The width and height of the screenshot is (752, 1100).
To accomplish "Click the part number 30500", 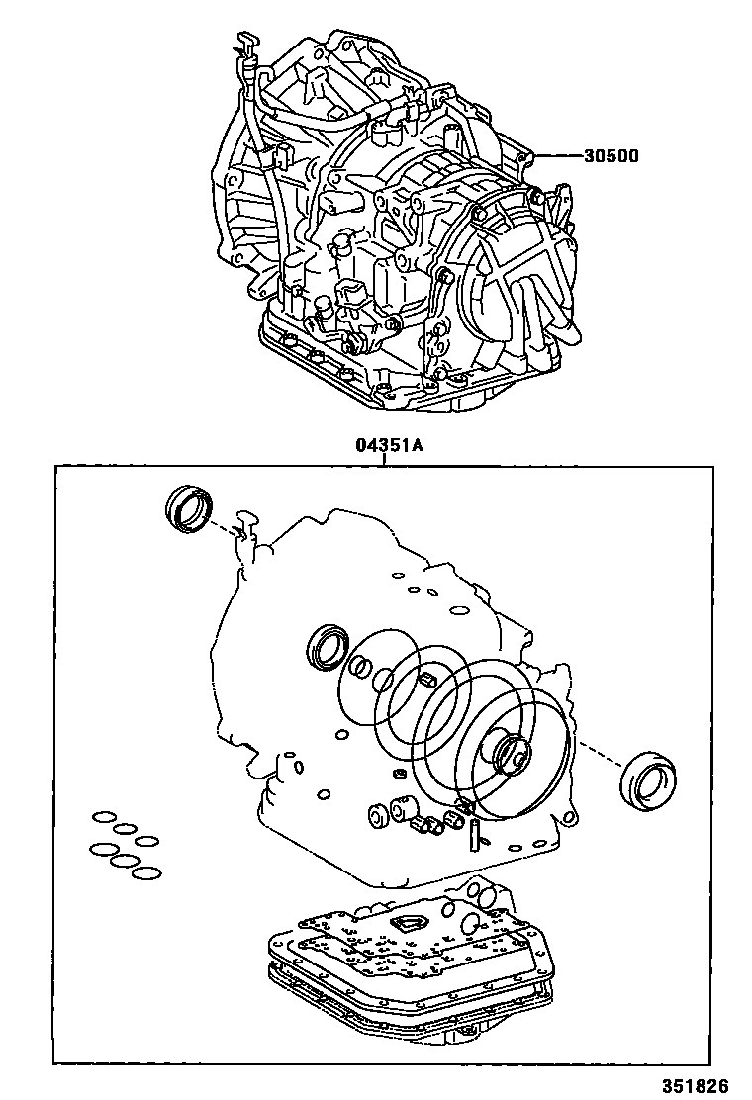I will coord(611,155).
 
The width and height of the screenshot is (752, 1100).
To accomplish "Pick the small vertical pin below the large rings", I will coord(473,830).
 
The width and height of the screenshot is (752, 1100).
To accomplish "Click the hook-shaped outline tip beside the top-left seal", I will coord(246,518).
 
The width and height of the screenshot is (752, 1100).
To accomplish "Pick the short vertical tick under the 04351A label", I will coord(383,460).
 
